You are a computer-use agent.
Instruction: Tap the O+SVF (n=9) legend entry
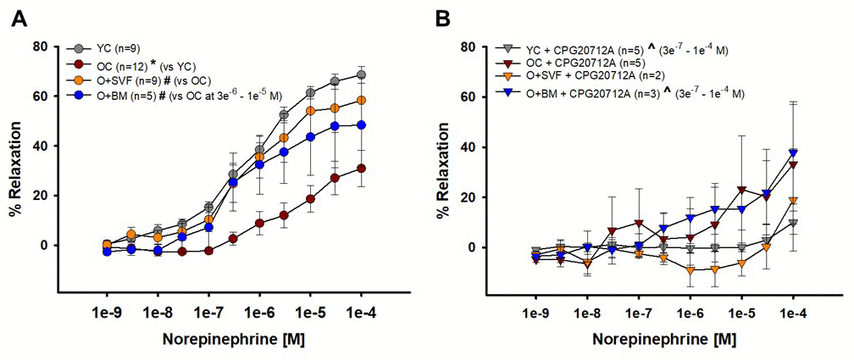tap(136, 80)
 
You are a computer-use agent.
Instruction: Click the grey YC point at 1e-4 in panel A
tap(362, 75)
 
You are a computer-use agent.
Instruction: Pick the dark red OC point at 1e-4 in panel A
tap(362, 169)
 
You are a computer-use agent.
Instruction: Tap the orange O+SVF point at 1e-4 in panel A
tap(362, 100)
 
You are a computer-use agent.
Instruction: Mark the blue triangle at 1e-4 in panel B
tap(793, 153)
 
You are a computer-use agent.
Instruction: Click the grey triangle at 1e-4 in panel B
tap(793, 224)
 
